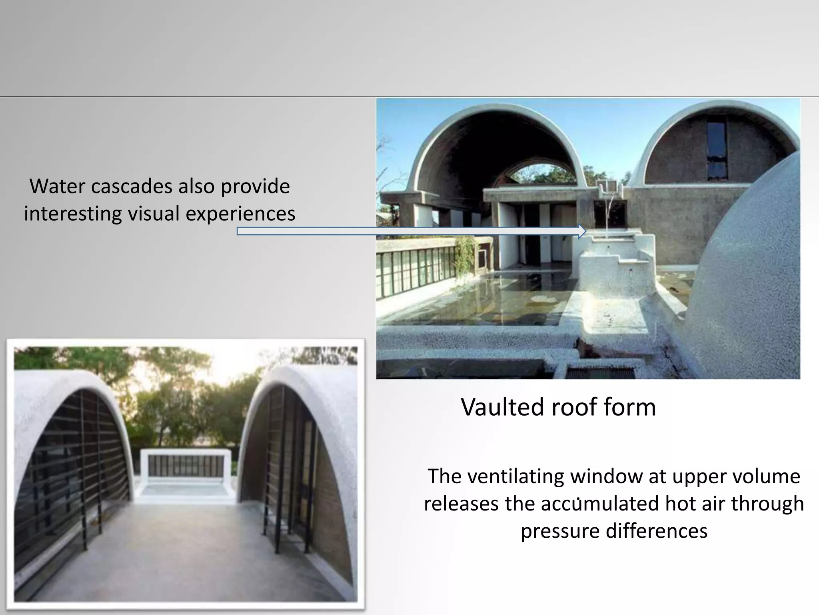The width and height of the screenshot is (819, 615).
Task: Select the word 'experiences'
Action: click(240, 213)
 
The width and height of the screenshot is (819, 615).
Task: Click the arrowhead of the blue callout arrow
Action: click(582, 231)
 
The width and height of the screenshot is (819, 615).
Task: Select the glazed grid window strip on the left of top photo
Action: click(416, 272)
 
